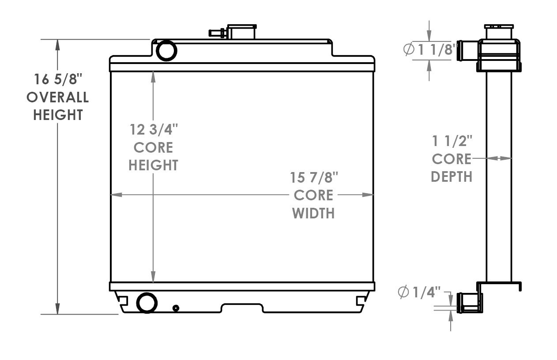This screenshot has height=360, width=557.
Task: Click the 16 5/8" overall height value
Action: click(58, 79)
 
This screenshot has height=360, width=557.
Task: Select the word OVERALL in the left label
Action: click(58, 97)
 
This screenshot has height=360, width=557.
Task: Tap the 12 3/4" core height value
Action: click(153, 130)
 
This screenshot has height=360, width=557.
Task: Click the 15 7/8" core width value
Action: click(314, 178)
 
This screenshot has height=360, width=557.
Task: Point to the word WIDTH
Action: click(313, 213)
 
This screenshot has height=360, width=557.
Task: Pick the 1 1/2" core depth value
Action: click(452, 141)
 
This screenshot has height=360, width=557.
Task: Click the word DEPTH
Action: click(452, 176)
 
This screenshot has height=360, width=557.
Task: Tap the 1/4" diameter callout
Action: click(419, 292)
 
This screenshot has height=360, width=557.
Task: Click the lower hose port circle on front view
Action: click(147, 303)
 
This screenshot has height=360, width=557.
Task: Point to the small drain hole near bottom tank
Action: click(176, 307)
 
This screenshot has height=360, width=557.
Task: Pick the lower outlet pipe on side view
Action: click(469, 302)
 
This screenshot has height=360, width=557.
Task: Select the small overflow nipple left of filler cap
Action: click(216, 33)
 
